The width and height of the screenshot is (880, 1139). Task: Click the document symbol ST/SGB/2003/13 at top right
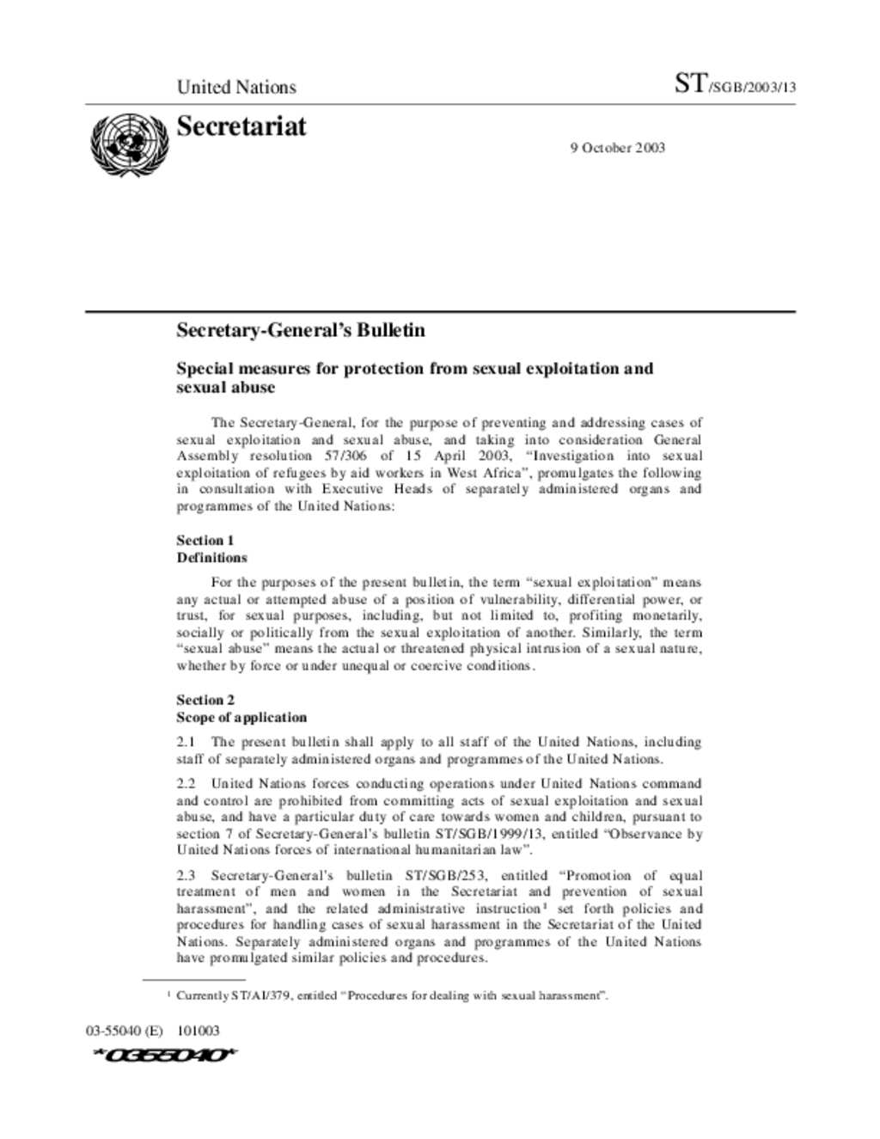click(735, 84)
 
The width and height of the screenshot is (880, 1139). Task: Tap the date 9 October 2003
click(617, 148)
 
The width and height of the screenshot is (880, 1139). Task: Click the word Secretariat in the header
click(241, 126)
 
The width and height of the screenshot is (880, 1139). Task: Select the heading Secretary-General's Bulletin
click(301, 330)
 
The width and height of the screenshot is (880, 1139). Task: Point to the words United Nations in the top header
click(236, 87)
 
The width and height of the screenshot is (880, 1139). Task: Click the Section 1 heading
click(205, 540)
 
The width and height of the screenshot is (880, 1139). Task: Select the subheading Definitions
click(211, 557)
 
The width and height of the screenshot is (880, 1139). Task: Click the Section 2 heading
click(205, 700)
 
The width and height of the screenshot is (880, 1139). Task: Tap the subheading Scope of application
click(241, 717)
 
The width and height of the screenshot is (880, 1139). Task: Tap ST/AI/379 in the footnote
click(262, 995)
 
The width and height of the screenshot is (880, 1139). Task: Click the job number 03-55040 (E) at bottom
click(124, 1031)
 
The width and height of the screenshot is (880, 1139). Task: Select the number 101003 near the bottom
click(199, 1031)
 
